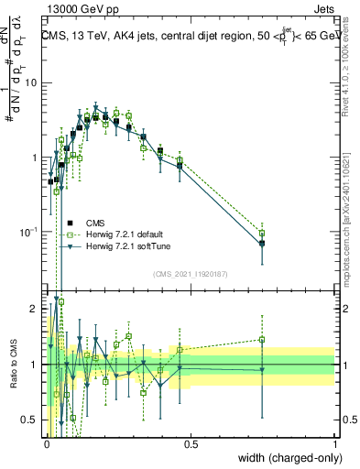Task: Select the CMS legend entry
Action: [x=95, y=222]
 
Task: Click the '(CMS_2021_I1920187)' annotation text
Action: [x=191, y=274]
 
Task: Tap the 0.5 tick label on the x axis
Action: [x=191, y=443]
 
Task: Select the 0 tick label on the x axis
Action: [x=47, y=443]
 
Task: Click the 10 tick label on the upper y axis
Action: [x=31, y=83]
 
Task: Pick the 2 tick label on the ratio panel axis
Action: [x=36, y=308]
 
